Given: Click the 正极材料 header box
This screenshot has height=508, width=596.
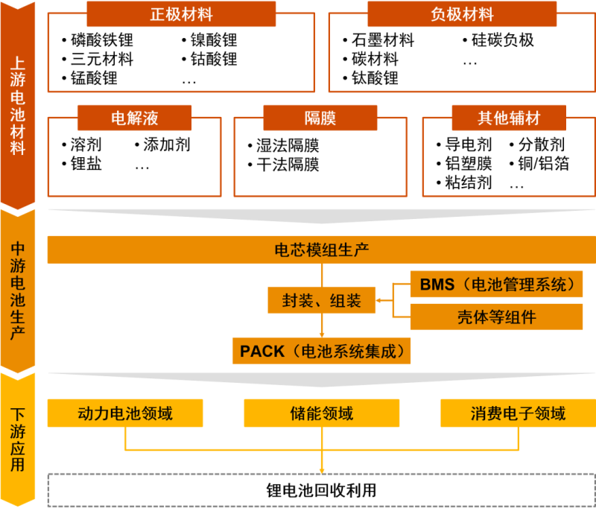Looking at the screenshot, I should point(181,14).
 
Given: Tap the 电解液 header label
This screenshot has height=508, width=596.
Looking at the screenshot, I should point(134,118).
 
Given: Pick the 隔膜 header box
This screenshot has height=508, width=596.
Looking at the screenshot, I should point(320,118).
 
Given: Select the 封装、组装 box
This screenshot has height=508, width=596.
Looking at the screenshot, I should point(321,300).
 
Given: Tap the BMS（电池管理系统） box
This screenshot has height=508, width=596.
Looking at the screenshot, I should point(496,284).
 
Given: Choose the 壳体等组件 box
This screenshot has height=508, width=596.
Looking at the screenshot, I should point(496,317).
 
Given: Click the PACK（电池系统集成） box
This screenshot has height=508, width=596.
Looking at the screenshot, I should point(321,350).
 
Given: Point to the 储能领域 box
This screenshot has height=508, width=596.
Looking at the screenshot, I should point(321,413).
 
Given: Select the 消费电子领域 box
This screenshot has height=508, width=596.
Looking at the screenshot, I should point(517,413).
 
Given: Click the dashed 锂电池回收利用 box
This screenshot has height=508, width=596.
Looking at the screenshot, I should point(321,490).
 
